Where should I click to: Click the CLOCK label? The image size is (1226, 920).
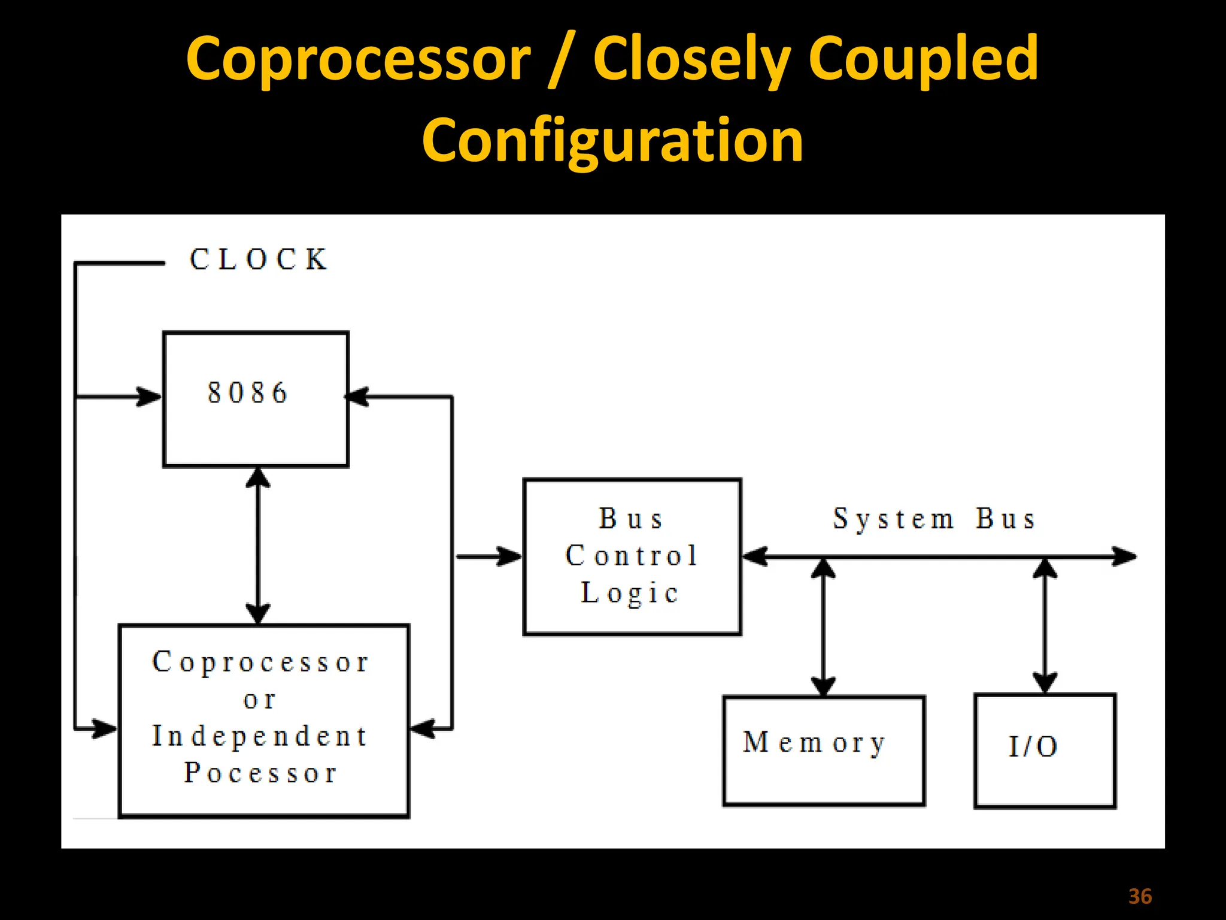coord(259,260)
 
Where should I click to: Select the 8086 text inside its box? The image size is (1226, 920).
coord(247,394)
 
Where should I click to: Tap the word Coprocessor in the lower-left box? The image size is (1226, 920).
coord(260,662)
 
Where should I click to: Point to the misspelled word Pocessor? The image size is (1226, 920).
coord(260,773)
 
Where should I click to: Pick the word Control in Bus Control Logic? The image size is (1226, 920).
coord(632,556)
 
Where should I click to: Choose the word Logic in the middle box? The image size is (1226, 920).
coord(630,593)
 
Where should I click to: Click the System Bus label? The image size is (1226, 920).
coord(934,519)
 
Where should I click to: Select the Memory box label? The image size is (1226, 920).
coord(814,743)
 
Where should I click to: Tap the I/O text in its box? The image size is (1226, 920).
coord(1033,747)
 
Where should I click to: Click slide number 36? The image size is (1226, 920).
coord(1140,897)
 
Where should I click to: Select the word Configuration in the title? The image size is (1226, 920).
coord(612,140)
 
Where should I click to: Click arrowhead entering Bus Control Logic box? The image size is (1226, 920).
coord(510,556)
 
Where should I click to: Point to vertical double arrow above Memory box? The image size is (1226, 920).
coord(823,626)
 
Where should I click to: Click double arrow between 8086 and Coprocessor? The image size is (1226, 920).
coord(258,546)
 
